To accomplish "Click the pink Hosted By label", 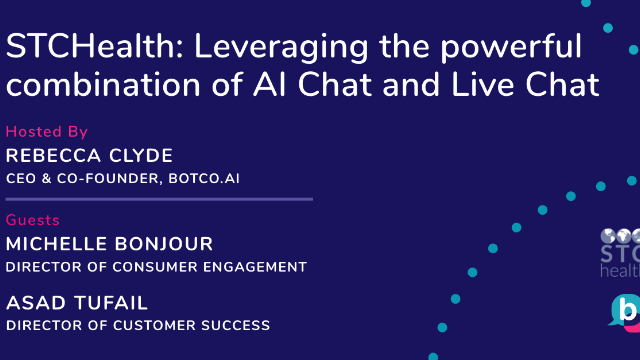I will [x=47, y=132].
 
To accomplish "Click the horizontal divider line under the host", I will [x=159, y=199].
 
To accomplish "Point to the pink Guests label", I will [x=33, y=220].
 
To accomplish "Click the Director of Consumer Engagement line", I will [x=156, y=267].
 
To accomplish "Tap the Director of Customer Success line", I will [x=138, y=324].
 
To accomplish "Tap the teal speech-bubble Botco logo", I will [x=625, y=312].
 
